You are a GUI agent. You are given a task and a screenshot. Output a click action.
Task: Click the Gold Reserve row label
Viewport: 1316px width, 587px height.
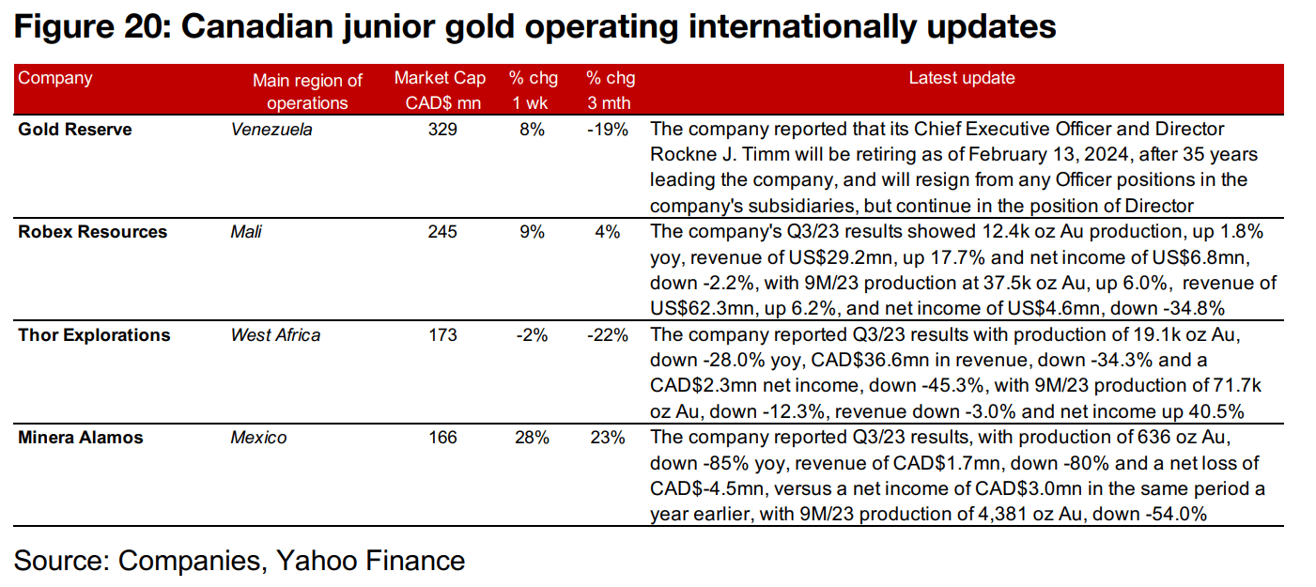(x=75, y=130)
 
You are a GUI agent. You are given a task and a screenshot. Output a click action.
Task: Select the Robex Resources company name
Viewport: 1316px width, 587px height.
(x=92, y=232)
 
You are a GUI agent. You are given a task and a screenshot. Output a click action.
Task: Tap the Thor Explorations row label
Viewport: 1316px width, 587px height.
(x=94, y=335)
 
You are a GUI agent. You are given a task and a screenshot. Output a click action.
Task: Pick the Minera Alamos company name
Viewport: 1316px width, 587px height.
(x=81, y=438)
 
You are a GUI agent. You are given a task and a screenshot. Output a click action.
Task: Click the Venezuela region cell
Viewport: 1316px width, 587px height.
(x=271, y=130)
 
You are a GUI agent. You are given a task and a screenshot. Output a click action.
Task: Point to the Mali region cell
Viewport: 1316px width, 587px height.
(x=246, y=232)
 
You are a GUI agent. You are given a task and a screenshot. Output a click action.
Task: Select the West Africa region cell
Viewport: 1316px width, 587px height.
(x=275, y=335)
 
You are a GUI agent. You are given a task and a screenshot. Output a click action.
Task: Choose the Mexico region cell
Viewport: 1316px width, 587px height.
(x=258, y=438)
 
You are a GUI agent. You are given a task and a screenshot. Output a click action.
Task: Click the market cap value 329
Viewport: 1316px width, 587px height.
(x=441, y=130)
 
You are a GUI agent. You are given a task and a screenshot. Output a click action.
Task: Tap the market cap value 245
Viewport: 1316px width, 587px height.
(x=441, y=232)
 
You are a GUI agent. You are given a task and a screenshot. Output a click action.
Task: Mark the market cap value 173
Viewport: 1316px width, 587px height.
(x=441, y=335)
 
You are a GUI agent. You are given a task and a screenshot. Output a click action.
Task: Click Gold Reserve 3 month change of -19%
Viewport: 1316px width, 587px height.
(x=608, y=130)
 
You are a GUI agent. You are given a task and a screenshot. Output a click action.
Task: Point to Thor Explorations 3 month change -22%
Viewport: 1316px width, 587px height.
(x=608, y=335)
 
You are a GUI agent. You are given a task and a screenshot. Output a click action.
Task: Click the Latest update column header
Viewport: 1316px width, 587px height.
(x=961, y=79)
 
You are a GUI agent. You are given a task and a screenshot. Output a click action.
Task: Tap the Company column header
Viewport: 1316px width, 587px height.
(x=55, y=79)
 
